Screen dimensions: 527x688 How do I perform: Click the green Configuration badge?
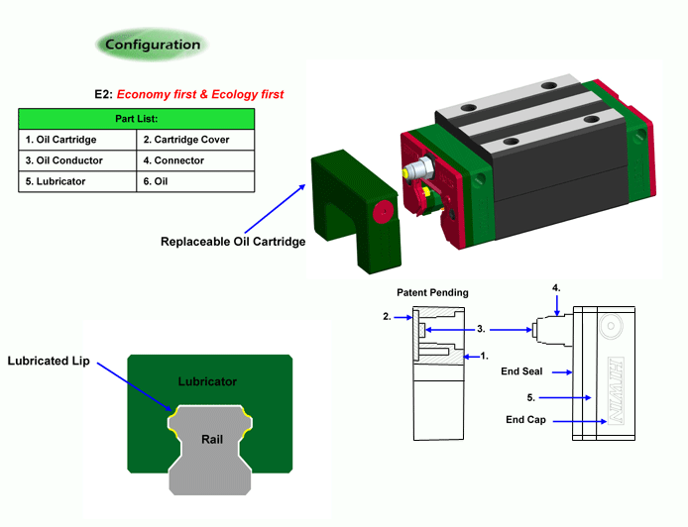tap(152, 45)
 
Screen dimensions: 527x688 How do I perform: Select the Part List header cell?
tap(137, 119)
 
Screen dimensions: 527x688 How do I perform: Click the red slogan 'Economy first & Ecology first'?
tap(200, 95)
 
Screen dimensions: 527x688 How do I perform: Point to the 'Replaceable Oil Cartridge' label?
tap(234, 241)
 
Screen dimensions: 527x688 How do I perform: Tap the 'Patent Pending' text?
tap(432, 293)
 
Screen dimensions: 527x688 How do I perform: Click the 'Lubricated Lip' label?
tap(49, 361)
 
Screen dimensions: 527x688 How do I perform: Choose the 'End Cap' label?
tap(525, 420)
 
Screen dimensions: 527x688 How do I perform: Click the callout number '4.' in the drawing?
tap(556, 288)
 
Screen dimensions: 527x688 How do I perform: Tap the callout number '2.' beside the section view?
tap(387, 317)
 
